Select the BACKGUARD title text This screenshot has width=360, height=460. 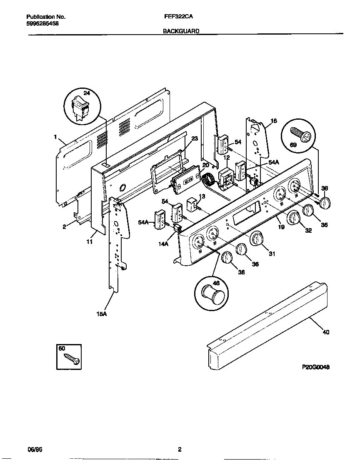point(181,31)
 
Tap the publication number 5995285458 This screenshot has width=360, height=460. point(42,24)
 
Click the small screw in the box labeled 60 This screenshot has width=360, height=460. point(72,359)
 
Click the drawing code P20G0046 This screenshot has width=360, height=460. point(316,367)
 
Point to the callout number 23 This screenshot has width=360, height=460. point(195,139)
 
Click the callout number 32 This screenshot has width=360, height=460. point(308,230)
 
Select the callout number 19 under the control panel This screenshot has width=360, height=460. point(281,226)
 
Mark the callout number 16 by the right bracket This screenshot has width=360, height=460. point(273,121)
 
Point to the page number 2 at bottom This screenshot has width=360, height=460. point(180,449)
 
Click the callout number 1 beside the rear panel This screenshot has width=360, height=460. point(55,136)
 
